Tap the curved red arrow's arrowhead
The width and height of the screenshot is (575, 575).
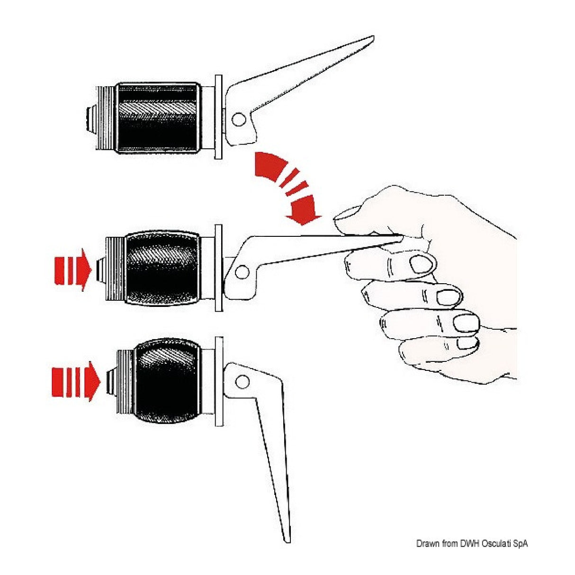click(303, 209)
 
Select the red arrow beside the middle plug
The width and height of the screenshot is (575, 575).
click(72, 270)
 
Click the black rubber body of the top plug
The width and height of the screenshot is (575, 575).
click(158, 118)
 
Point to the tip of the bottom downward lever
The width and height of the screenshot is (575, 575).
click(287, 534)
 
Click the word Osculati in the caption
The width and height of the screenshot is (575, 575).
click(493, 535)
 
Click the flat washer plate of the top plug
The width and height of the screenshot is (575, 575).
click(218, 117)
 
